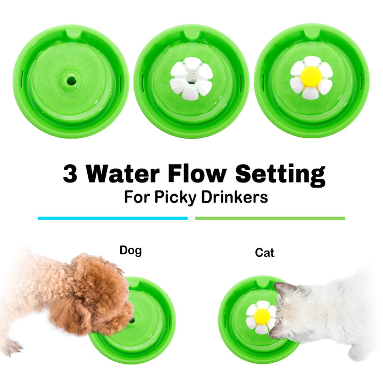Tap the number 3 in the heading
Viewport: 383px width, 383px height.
[x=70, y=174]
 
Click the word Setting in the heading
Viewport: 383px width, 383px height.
[x=280, y=174]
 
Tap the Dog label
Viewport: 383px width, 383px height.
[x=131, y=250]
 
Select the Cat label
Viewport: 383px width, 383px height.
[x=264, y=253]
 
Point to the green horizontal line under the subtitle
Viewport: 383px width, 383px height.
[x=270, y=218]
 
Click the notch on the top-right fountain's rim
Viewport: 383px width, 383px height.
[x=311, y=32]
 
